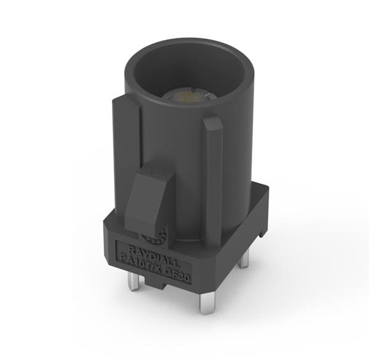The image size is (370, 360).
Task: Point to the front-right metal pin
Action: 205,303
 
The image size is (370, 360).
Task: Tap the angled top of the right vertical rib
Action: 213,123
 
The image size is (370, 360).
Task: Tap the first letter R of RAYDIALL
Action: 122,246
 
